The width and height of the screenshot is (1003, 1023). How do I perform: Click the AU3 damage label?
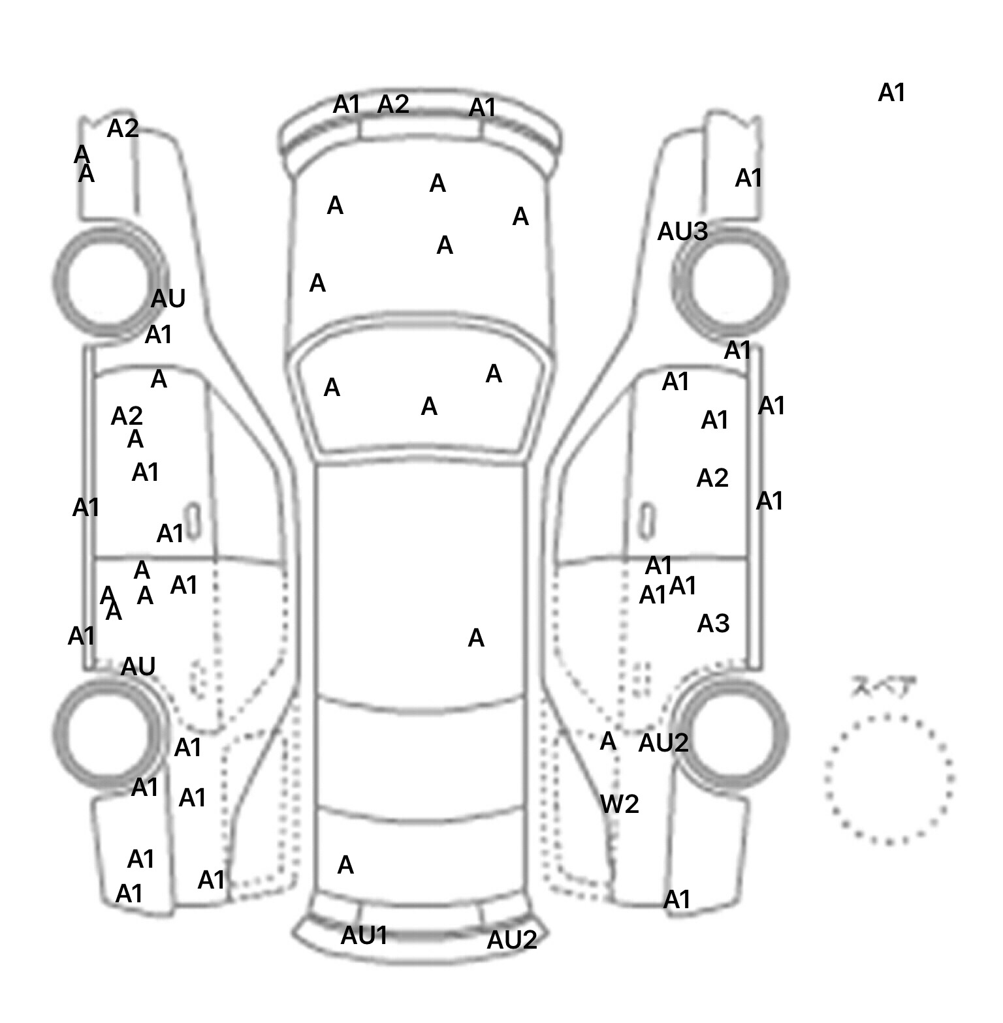[682, 232]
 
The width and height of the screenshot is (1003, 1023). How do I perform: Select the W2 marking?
[619, 804]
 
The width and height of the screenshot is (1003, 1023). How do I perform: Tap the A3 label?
[713, 624]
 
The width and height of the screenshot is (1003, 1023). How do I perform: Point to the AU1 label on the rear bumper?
[364, 936]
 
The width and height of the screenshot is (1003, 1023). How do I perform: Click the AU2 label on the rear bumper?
[512, 940]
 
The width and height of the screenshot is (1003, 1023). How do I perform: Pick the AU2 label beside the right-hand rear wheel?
[663, 743]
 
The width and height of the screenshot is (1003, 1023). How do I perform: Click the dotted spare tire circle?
[889, 779]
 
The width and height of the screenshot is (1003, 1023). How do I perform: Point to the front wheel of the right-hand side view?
[731, 282]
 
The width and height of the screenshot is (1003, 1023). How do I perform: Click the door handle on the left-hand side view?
[193, 521]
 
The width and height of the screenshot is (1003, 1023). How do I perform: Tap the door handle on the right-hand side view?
[646, 521]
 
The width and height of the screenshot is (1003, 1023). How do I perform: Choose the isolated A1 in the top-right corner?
[892, 93]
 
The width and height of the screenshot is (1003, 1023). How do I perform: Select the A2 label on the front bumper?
[393, 104]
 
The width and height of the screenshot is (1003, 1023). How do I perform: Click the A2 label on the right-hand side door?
[712, 479]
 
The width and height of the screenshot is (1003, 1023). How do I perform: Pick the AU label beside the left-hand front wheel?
[168, 299]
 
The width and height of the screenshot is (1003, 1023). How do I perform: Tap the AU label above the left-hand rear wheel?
[138, 667]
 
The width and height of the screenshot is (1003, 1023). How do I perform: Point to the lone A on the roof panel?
[476, 638]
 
